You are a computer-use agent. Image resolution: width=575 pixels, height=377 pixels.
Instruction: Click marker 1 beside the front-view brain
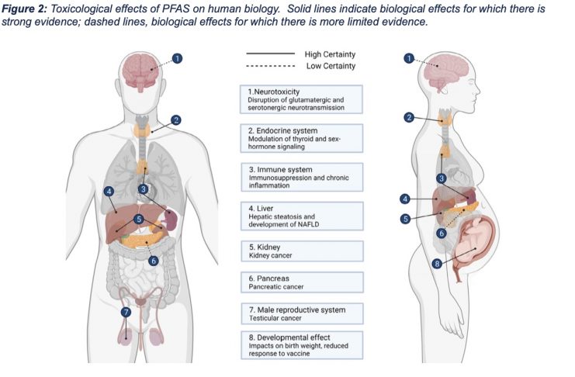pyautogui.click(x=177, y=58)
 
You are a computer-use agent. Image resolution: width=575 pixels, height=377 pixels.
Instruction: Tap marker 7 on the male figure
pyautogui.click(x=126, y=312)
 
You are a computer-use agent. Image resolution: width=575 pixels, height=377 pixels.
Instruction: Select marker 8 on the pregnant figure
pyautogui.click(x=436, y=264)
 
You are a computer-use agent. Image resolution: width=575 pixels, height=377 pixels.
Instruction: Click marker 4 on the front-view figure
pyautogui.click(x=109, y=191)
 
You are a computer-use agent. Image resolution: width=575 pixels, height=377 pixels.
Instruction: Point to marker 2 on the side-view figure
pyautogui.click(x=409, y=117)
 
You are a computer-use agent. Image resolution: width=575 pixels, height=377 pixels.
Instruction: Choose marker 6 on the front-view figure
pyautogui.click(x=154, y=261)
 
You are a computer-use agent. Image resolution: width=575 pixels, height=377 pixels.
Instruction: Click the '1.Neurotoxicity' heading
pyautogui.click(x=274, y=92)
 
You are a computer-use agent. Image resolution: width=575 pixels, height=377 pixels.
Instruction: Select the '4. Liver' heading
pyautogui.click(x=261, y=209)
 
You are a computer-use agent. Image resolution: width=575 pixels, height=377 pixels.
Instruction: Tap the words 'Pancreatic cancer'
pyautogui.click(x=275, y=287)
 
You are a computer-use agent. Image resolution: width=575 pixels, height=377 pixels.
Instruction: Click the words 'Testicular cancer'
pyautogui.click(x=275, y=318)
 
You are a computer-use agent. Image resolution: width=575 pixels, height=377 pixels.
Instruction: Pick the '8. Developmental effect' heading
pyautogui.click(x=289, y=337)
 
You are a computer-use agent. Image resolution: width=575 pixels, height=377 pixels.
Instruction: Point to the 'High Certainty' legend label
pyautogui.click(x=330, y=54)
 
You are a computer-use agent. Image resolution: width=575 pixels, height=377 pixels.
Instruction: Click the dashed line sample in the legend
pyautogui.click(x=271, y=66)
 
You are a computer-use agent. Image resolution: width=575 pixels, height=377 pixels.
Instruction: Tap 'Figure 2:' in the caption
pyautogui.click(x=24, y=9)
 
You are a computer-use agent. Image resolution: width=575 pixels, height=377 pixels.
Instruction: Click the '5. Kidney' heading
pyautogui.click(x=264, y=247)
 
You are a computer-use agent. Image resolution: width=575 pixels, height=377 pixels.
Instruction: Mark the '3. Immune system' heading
pyautogui.click(x=281, y=169)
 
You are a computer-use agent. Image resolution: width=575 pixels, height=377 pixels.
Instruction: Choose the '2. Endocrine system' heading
pyautogui.click(x=282, y=130)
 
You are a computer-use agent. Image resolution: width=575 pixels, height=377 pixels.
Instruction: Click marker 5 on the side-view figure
pyautogui.click(x=405, y=219)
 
